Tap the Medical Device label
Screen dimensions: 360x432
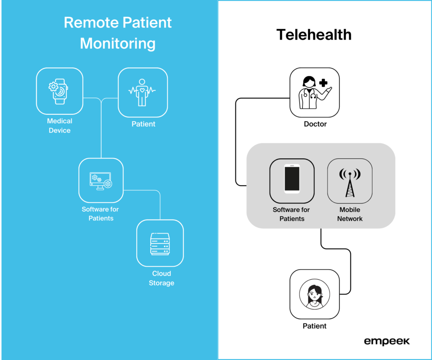coord(59,126)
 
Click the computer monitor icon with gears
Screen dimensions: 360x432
coord(101,180)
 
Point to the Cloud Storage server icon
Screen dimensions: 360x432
coord(160,244)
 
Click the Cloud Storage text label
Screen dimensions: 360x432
coord(161,278)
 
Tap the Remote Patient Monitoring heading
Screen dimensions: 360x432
coord(118,33)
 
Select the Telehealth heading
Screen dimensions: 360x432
coord(314,35)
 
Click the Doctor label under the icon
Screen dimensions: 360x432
coord(315,124)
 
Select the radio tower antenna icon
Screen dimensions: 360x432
coord(350,181)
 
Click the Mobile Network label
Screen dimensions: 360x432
coord(350,214)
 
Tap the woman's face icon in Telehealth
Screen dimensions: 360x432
coord(314,295)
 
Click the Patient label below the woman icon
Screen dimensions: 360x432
coord(314,326)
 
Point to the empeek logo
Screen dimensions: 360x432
coord(386,341)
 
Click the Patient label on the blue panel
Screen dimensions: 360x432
coord(143,124)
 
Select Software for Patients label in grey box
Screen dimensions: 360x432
coord(292,214)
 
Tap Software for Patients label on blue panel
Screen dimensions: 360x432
coord(100,214)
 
